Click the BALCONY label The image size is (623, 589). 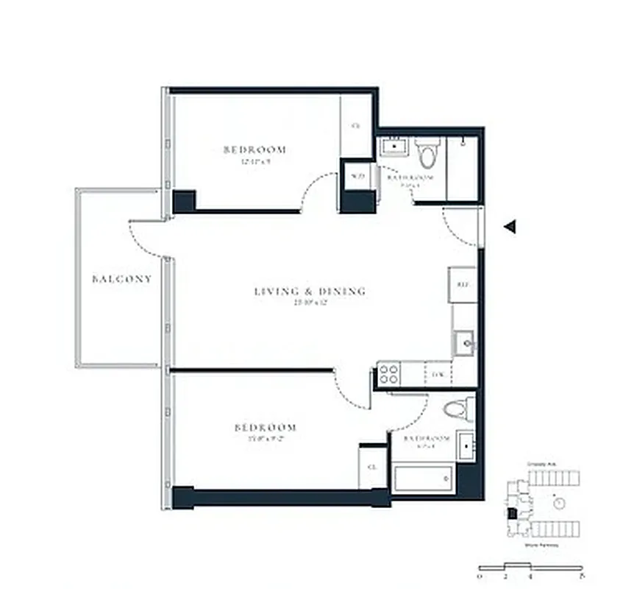122,279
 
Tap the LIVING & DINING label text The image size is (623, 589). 310,292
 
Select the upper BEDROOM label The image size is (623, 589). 254,149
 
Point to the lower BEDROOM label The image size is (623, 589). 266,427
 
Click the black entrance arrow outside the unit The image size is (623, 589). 509,228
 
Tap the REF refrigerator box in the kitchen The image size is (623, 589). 463,283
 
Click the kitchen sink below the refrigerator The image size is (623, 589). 465,343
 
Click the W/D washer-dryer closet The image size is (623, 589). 358,176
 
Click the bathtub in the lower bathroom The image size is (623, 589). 423,479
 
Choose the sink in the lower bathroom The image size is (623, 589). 466,445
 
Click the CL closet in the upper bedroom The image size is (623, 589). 356,126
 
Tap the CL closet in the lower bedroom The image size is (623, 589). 372,467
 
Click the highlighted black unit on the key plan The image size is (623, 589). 513,512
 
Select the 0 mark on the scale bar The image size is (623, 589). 479,576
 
